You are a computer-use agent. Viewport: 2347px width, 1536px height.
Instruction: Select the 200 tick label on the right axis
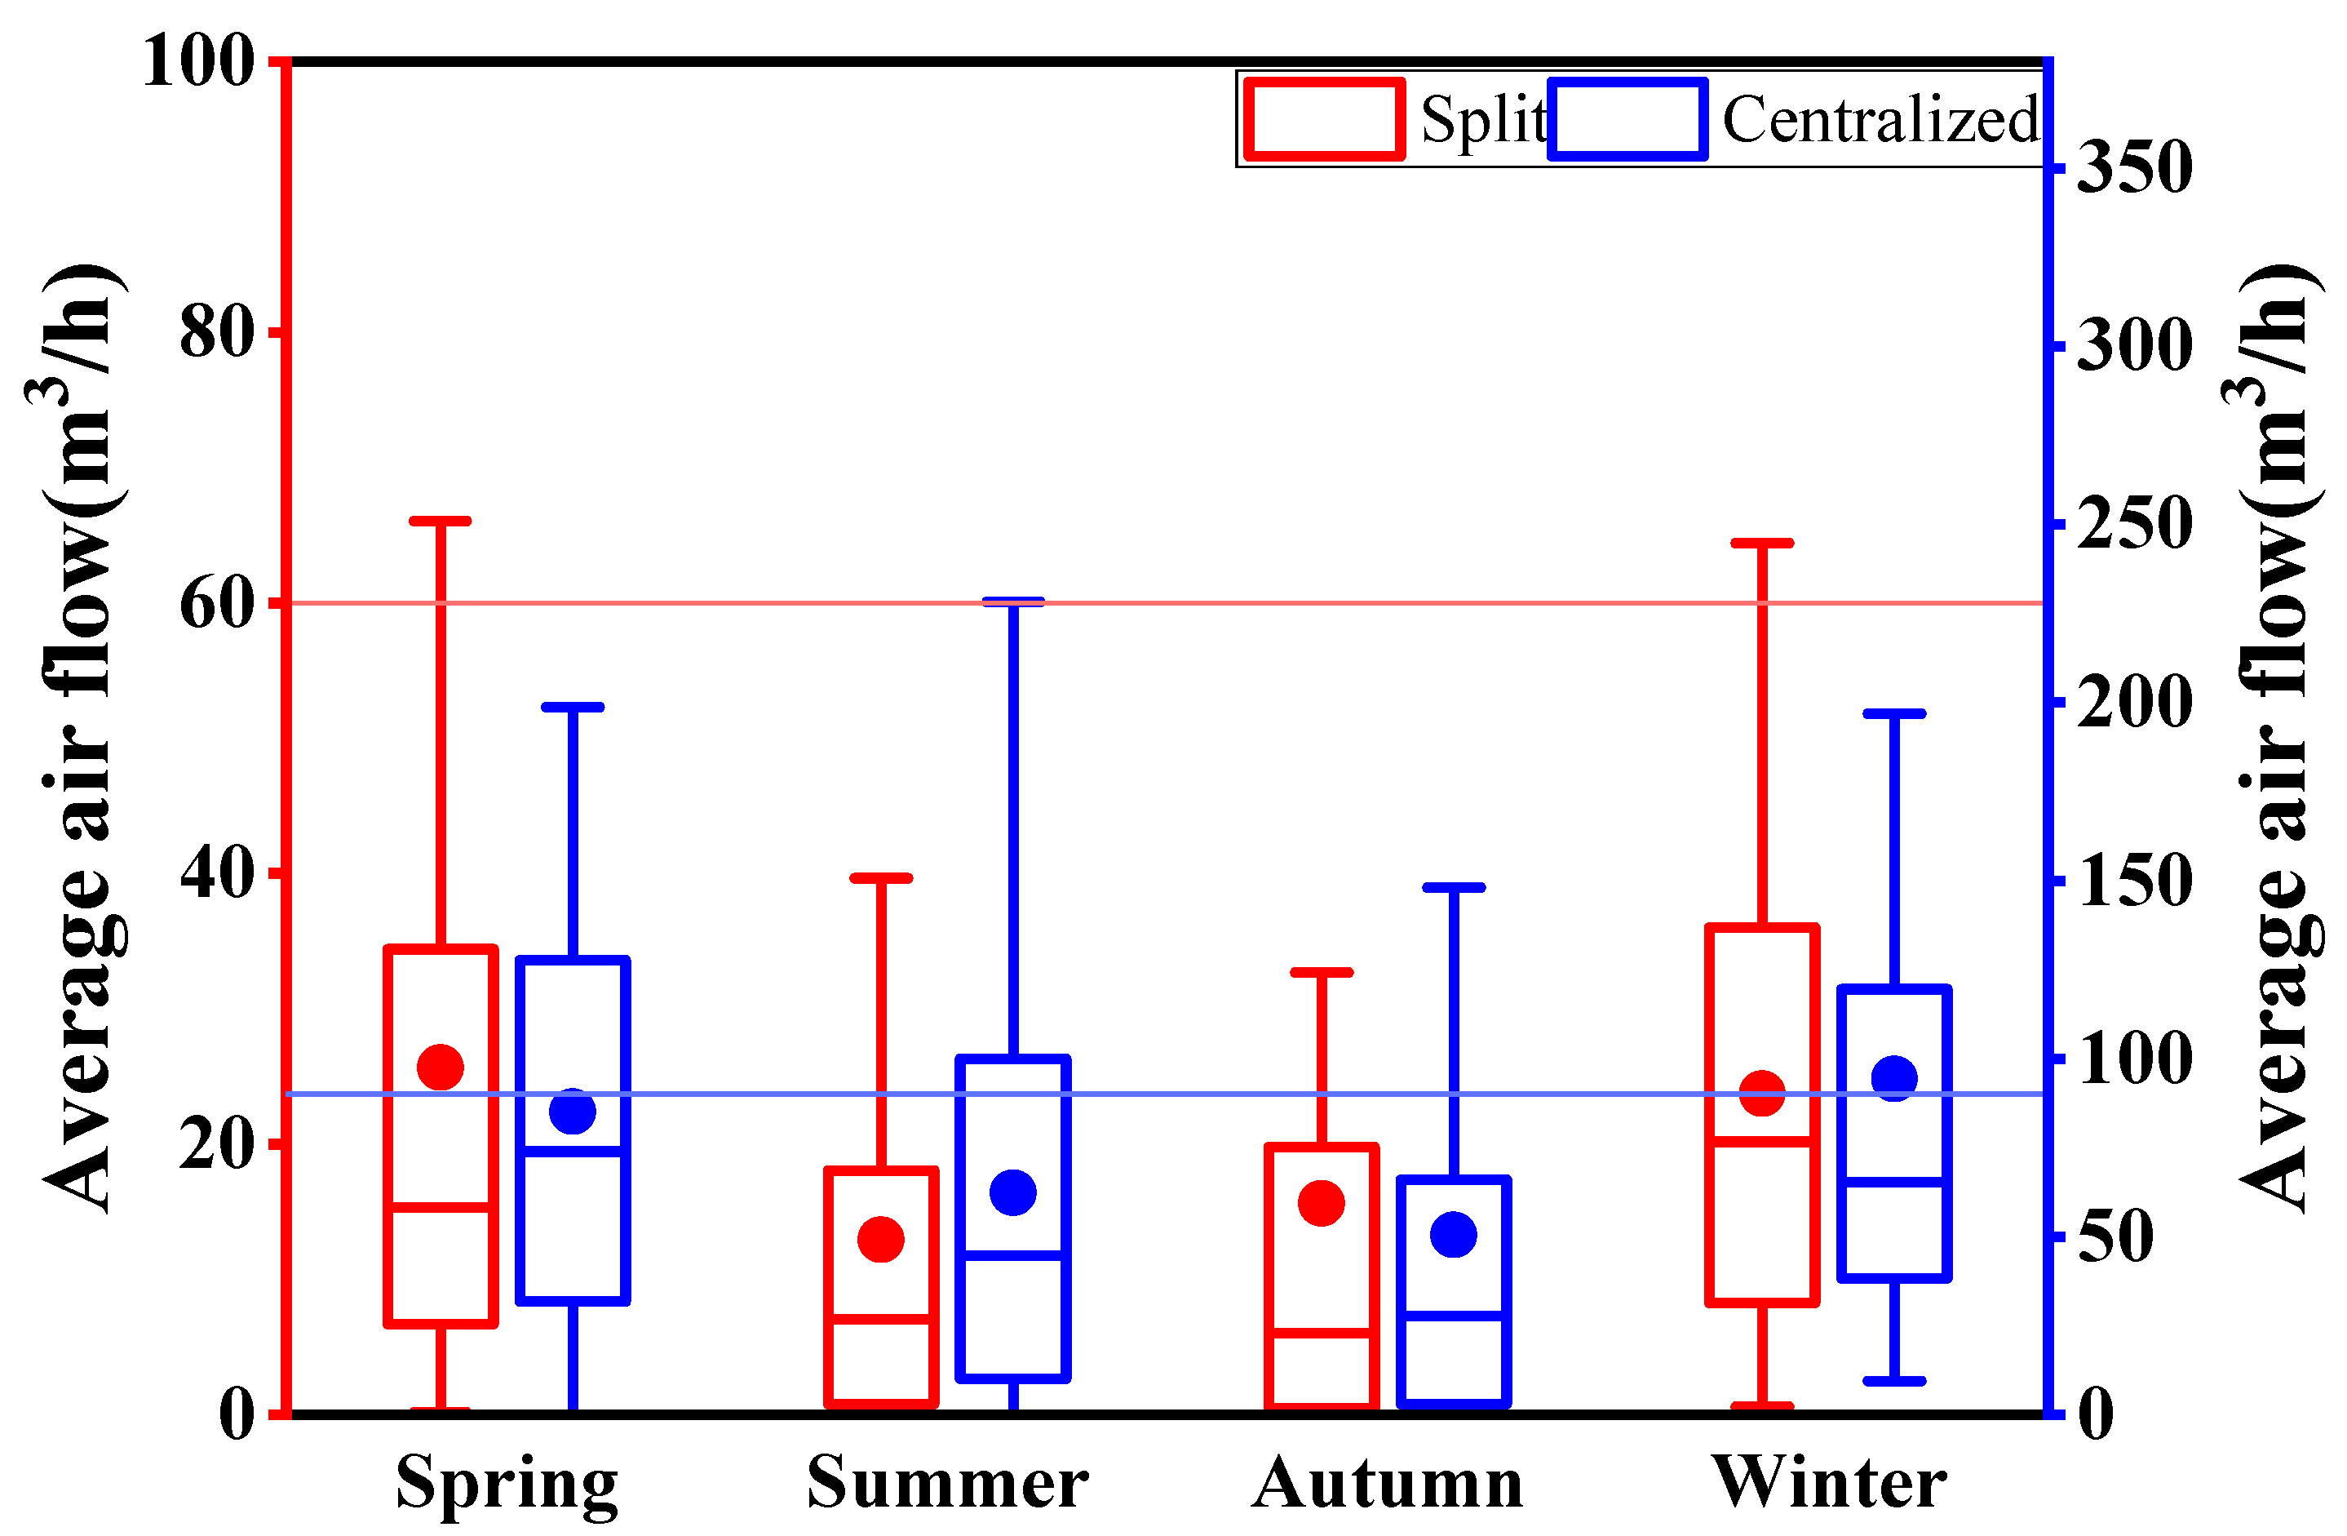2134,703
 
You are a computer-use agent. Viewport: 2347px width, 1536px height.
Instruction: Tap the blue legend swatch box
1627,119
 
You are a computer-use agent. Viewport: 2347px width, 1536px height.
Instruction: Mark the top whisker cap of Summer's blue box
1012,601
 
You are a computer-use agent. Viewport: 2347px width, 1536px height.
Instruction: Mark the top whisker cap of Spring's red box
441,521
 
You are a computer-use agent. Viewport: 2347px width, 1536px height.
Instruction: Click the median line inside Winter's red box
1762,1142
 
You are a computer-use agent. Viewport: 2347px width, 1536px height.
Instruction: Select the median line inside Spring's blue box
573,1152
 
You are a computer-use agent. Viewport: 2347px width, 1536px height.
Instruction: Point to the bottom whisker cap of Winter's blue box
1894,1380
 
